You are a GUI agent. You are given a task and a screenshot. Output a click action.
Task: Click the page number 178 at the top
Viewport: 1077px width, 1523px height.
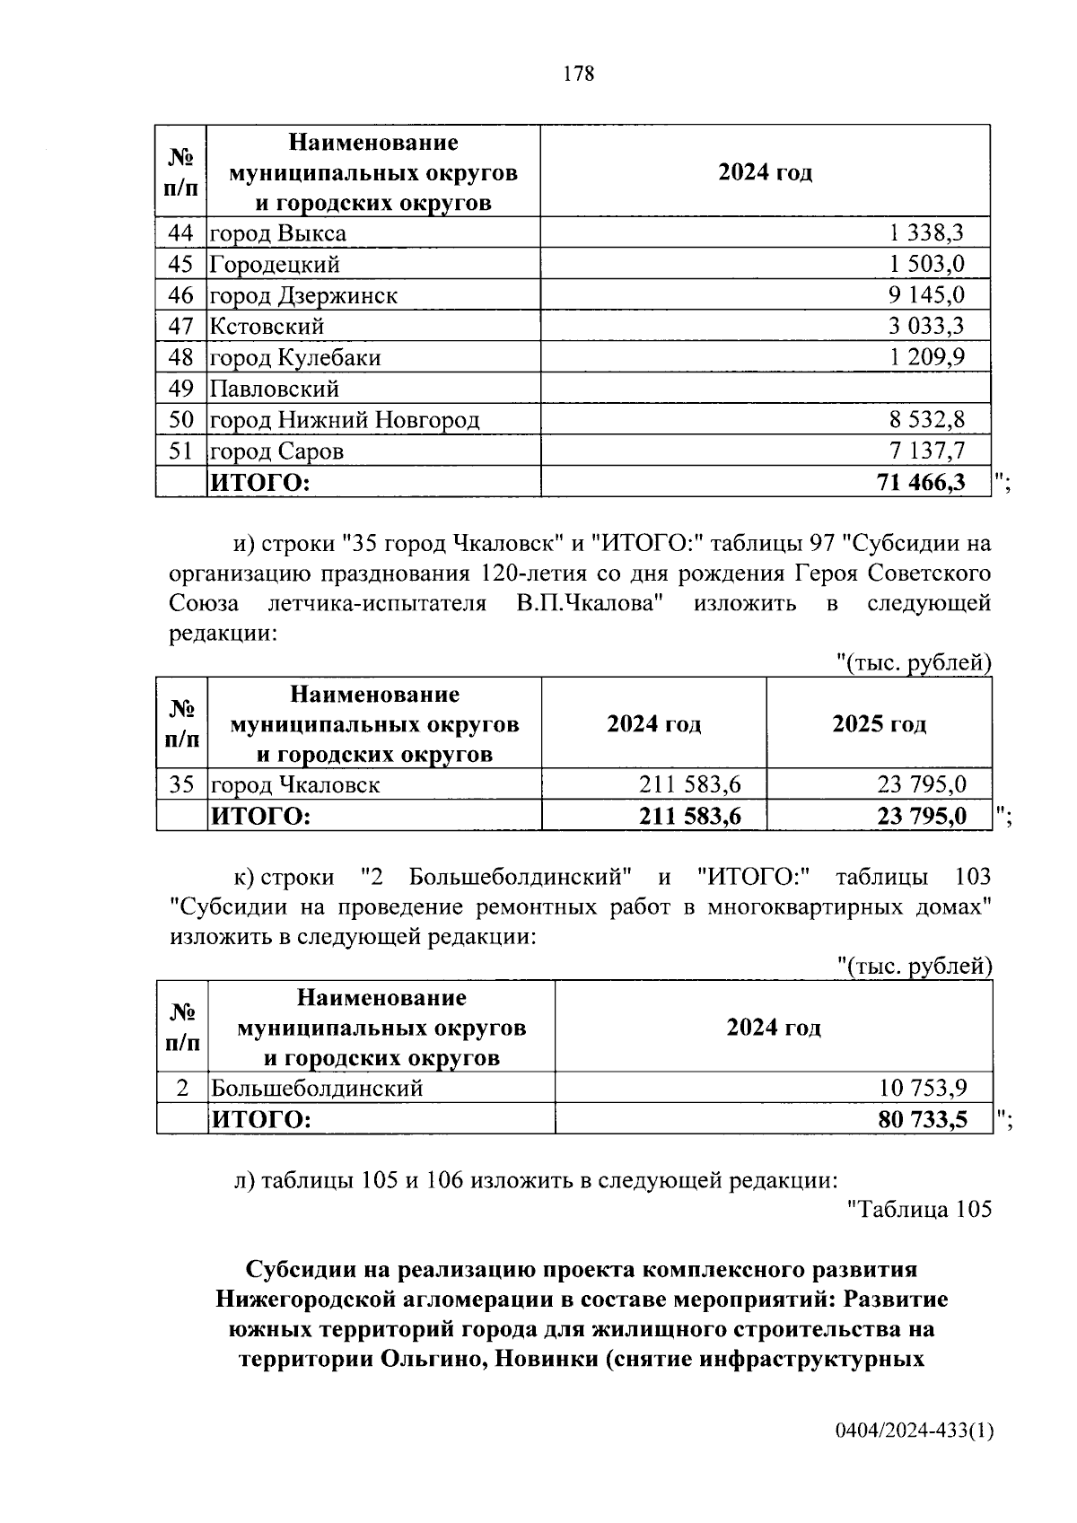point(578,74)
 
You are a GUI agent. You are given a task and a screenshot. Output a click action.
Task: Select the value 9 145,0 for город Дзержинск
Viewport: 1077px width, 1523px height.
point(926,295)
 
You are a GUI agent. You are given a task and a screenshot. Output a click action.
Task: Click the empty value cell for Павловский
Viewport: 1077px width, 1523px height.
point(765,389)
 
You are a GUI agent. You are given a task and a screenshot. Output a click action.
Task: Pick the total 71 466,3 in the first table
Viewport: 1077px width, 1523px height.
point(921,483)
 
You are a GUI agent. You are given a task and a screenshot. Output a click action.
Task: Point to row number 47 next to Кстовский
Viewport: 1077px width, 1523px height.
point(181,327)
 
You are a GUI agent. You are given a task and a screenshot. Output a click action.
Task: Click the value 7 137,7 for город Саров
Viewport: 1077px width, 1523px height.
point(926,451)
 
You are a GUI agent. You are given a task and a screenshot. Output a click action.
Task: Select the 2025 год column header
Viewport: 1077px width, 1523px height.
point(879,723)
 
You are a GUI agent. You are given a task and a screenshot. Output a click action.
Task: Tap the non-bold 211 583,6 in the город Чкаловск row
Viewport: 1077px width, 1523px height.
point(689,784)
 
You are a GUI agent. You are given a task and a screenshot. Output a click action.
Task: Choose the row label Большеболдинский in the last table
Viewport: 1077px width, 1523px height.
point(316,1089)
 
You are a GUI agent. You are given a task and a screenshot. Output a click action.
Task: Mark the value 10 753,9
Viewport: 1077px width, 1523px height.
point(923,1089)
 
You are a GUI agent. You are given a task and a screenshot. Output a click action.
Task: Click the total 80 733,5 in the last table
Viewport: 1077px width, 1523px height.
point(923,1120)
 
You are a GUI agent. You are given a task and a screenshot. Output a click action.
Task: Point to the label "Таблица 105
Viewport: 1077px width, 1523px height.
point(919,1210)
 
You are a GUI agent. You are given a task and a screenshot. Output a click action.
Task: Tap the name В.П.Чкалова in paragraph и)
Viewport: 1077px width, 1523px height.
point(590,603)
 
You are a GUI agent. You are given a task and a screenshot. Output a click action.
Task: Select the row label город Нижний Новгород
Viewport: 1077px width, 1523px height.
point(345,420)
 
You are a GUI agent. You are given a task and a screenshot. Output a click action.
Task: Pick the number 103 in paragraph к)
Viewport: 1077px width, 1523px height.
point(968,876)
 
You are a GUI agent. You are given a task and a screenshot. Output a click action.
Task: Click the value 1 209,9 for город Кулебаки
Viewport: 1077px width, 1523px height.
point(926,357)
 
